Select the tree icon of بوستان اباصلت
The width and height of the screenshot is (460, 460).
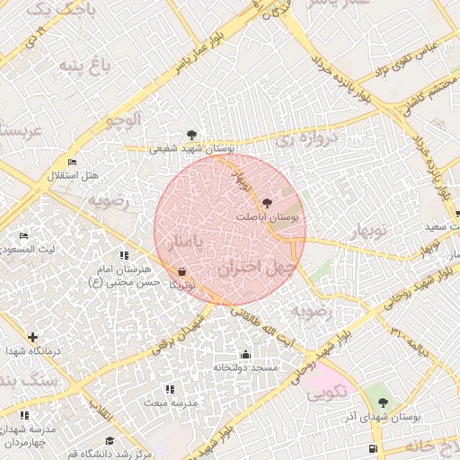click(x=266, y=203)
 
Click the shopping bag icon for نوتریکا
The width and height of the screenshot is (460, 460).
click(x=182, y=270)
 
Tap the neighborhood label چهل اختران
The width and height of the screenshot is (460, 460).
click(x=255, y=268)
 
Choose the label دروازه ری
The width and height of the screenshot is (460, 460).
click(x=305, y=139)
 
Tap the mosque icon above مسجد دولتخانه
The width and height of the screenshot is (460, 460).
click(x=246, y=355)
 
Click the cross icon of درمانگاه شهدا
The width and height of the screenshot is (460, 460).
click(x=33, y=338)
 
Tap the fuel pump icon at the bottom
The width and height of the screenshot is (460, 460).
click(x=372, y=448)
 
